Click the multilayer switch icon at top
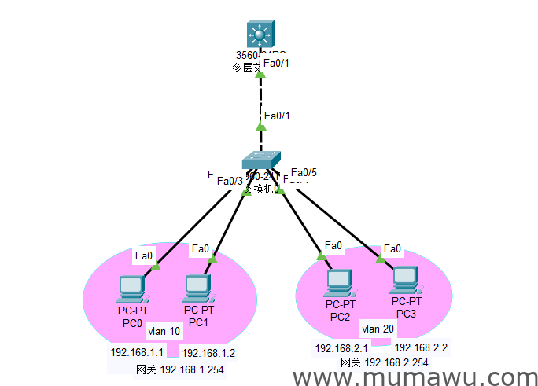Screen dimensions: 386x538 tap(260, 34)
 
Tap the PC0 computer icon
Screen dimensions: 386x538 tap(129, 289)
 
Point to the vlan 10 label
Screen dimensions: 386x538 tap(164, 332)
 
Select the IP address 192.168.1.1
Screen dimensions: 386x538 tap(137, 353)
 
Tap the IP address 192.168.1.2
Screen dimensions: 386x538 tap(209, 353)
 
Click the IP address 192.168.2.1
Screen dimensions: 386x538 tap(342, 348)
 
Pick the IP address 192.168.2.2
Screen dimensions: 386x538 tap(421, 347)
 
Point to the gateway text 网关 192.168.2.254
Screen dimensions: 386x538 tap(385, 362)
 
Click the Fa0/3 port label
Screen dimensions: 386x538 tap(230, 182)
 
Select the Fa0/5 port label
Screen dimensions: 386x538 tap(304, 172)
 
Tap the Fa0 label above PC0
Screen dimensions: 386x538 tap(144, 255)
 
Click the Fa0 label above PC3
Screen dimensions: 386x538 tap(393, 249)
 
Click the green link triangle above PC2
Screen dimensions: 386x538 tap(321, 255)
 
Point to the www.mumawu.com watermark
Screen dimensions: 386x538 tap(415, 377)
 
